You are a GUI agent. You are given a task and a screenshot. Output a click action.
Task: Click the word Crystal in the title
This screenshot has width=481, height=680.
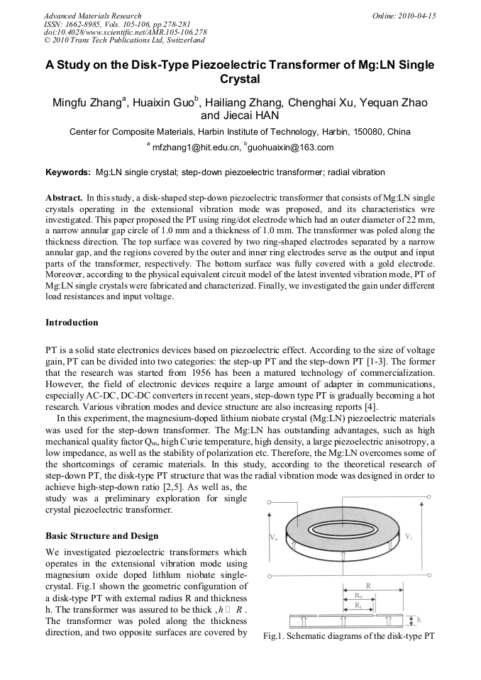pyautogui.click(x=240, y=79)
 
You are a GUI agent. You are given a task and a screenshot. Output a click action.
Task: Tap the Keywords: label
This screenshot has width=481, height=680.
pyautogui.click(x=68, y=172)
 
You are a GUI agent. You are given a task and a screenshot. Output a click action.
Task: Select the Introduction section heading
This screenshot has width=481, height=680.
pyautogui.click(x=72, y=323)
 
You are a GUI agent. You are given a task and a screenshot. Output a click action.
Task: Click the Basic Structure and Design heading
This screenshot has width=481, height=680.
pyautogui.click(x=102, y=535)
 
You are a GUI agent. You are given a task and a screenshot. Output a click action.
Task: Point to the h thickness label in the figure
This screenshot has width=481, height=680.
pyautogui.click(x=419, y=619)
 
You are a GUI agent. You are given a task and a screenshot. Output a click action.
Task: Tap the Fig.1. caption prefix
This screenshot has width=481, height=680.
pyautogui.click(x=275, y=636)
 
